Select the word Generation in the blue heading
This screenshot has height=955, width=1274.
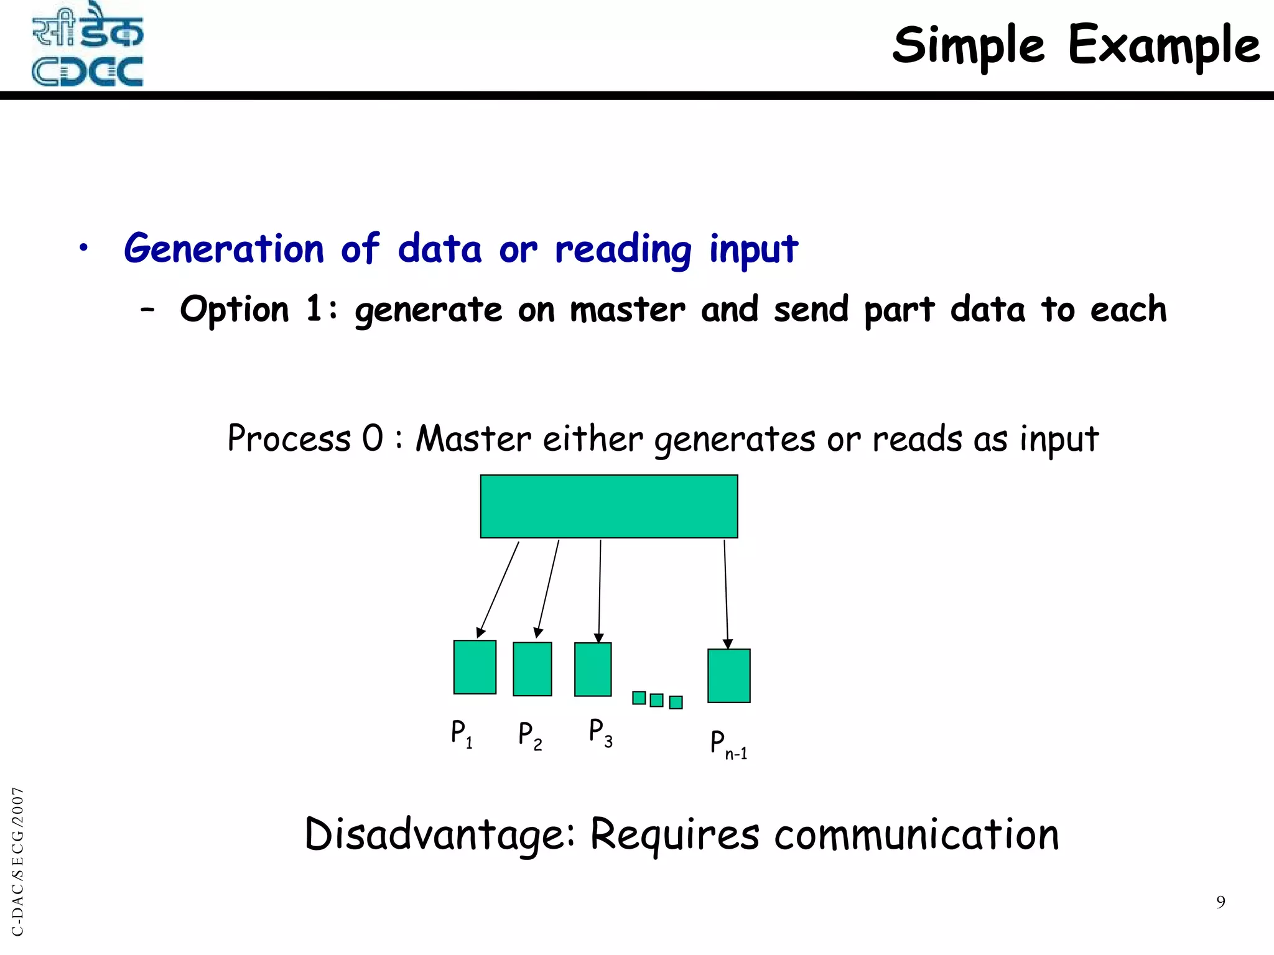pyautogui.click(x=224, y=249)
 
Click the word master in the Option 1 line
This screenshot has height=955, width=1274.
pyautogui.click(x=627, y=310)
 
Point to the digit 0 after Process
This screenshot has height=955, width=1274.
pyautogui.click(x=373, y=438)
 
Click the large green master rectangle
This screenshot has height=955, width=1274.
pyautogui.click(x=609, y=506)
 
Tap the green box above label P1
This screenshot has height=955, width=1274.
pyautogui.click(x=475, y=667)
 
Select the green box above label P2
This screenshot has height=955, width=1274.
pyautogui.click(x=532, y=669)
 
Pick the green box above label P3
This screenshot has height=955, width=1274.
pyautogui.click(x=593, y=670)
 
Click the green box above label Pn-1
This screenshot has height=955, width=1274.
pyautogui.click(x=729, y=676)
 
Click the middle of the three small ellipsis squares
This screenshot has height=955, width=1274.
pyautogui.click(x=656, y=700)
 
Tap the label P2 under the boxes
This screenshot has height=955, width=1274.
pyautogui.click(x=530, y=736)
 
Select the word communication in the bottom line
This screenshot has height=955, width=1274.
pyautogui.click(x=916, y=835)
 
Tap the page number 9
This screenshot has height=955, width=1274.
pyautogui.click(x=1221, y=902)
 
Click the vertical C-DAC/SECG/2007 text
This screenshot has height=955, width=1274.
pyautogui.click(x=18, y=861)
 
